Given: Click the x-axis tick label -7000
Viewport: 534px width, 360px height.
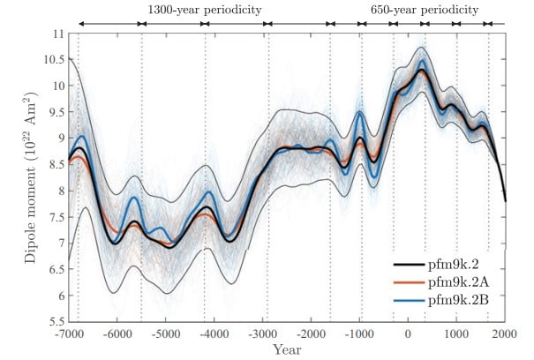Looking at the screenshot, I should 69,335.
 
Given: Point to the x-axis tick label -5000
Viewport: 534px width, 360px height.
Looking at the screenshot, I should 166,335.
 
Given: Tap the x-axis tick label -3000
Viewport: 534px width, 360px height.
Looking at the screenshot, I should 263,335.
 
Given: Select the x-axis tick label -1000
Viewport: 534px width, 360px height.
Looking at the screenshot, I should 359,335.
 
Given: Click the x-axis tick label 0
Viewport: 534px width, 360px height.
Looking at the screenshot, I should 408,335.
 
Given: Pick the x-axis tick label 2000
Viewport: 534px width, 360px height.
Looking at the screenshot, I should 504,335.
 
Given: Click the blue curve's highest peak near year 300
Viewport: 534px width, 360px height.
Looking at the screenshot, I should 422,62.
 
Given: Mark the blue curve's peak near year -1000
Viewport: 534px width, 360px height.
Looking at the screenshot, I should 360,112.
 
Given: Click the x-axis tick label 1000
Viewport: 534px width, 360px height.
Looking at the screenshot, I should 456,335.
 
